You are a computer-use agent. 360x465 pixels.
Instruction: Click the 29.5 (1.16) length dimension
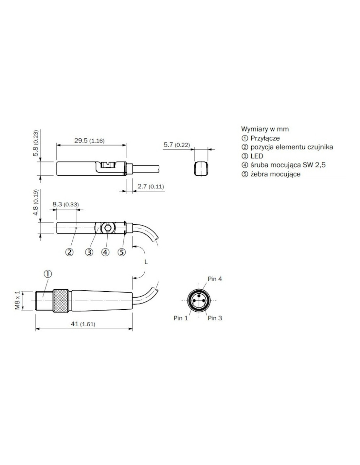coord(89,141)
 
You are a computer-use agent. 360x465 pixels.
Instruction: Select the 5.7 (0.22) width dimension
coord(177,145)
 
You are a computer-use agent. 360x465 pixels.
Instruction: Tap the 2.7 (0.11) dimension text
coord(151,186)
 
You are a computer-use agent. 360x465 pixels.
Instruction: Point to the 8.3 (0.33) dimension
coord(65,204)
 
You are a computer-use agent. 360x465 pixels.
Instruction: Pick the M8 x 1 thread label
coord(17,300)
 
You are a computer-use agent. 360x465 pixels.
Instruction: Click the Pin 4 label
coord(215,279)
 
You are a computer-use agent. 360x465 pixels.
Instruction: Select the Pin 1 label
coord(181,318)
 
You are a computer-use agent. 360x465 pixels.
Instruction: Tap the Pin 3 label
coord(215,318)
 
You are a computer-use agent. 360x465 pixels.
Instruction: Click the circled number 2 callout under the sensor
coord(69,252)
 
